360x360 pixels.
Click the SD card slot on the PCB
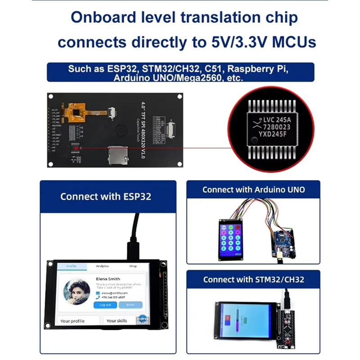tap(117, 155)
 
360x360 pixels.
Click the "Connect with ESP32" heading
tap(106, 196)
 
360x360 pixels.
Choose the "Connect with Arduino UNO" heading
tap(253, 189)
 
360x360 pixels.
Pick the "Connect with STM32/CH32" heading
tap(253, 279)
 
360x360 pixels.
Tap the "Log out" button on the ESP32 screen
tap(105, 305)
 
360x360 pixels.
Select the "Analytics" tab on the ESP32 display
tap(102, 266)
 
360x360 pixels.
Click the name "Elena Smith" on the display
tap(108, 279)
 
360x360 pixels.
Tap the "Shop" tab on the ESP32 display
tap(133, 266)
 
